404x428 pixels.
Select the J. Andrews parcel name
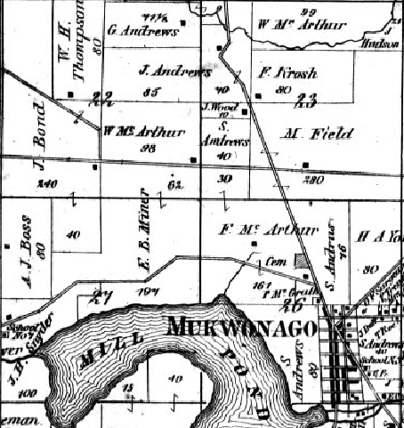[x=175, y=69]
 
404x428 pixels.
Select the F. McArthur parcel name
[x=280, y=230]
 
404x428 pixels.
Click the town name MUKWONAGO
[x=241, y=329]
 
